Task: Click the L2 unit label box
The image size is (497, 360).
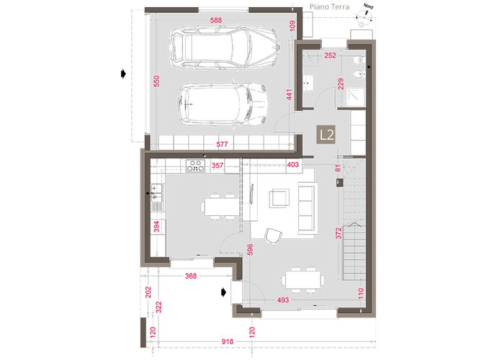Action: [326, 135]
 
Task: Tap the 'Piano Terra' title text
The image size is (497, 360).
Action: [329, 6]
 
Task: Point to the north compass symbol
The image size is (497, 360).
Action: [364, 14]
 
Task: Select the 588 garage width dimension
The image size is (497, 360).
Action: [216, 20]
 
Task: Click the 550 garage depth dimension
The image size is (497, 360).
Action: [156, 81]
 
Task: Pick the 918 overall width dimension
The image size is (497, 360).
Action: [228, 341]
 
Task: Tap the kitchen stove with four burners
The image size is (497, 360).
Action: [196, 166]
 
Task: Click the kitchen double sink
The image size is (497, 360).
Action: [157, 193]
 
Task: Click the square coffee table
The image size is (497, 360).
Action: [279, 198]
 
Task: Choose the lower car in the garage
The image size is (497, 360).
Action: [223, 104]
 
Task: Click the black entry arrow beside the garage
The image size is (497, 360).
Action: [123, 74]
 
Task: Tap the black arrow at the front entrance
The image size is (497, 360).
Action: [224, 292]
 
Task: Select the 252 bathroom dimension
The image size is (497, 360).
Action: [330, 55]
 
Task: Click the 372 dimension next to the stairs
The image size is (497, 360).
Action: [339, 233]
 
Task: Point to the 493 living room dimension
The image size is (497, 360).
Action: [283, 300]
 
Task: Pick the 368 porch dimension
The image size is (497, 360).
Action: [191, 276]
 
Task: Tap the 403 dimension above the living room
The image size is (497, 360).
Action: [292, 164]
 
